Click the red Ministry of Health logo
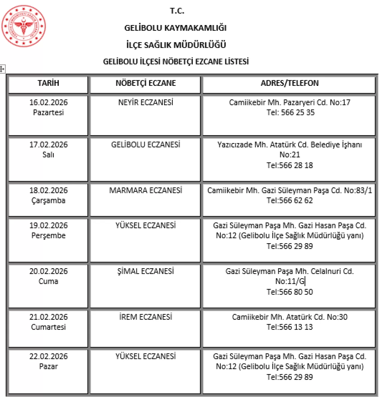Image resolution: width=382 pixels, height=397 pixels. click(24, 26)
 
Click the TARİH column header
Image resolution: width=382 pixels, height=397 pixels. click(48, 83)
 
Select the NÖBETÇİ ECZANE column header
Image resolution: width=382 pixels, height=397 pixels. click(146, 83)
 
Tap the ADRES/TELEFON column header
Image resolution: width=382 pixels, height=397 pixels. click(289, 83)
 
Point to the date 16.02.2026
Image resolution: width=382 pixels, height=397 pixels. click(48, 103)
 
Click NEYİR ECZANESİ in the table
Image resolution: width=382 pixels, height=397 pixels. click(146, 103)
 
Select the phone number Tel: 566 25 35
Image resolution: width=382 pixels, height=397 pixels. click(290, 113)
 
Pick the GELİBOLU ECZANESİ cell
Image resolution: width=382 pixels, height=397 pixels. click(146, 145)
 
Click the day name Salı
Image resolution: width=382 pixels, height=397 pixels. click(48, 155)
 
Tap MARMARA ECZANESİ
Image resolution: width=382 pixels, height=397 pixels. click(146, 190)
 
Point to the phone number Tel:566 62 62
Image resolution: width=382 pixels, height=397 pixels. click(289, 201)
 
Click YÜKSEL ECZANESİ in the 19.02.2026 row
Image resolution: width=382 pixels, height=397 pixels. click(146, 226)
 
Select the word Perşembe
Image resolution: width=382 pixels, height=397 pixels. click(48, 235)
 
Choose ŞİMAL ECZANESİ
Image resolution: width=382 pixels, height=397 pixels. click(146, 271)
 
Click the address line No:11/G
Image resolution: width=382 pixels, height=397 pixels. click(289, 281)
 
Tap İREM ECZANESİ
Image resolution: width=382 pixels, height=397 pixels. click(146, 317)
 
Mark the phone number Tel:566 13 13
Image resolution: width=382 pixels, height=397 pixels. click(289, 327)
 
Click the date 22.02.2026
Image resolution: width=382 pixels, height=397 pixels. click(48, 356)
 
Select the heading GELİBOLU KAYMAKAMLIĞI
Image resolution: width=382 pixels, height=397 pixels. click(175, 28)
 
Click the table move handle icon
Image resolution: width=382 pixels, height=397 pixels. click(2, 69)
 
